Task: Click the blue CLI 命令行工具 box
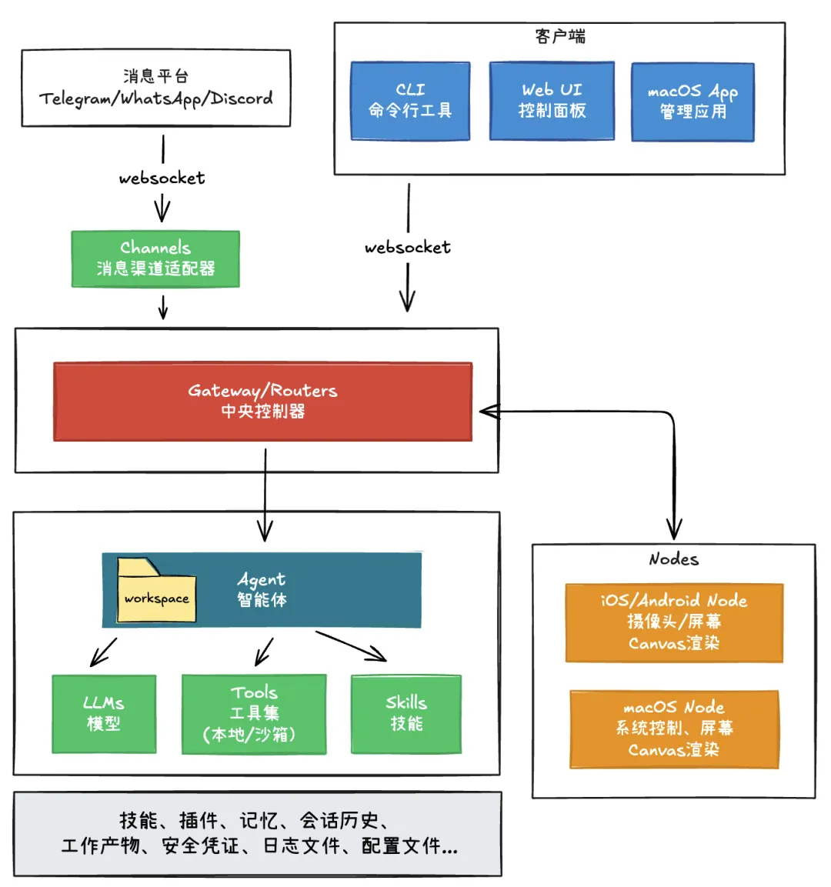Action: (x=410, y=101)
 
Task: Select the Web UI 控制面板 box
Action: (x=552, y=101)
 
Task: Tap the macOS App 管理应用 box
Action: (x=692, y=102)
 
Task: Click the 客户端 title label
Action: (x=559, y=36)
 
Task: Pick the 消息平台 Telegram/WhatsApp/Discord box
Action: (x=156, y=88)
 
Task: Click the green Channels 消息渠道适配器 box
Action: (x=155, y=258)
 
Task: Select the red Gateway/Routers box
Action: (x=262, y=401)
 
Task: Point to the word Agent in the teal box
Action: (x=262, y=579)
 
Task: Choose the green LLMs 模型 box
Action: (x=104, y=713)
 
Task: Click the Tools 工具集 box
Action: (x=254, y=713)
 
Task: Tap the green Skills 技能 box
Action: (x=406, y=713)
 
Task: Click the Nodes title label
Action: (x=673, y=559)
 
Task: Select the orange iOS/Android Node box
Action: (x=674, y=622)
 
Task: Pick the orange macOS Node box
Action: (x=674, y=729)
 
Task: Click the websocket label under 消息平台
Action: (x=162, y=178)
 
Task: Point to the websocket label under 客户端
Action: (x=408, y=247)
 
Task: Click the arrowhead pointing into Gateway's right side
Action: (x=488, y=412)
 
